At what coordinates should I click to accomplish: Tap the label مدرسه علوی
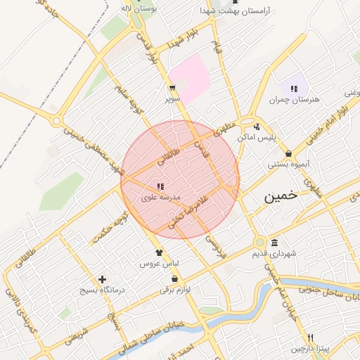point(161,198)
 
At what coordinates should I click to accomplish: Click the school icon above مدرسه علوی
point(161,186)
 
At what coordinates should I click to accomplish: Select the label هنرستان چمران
point(294,100)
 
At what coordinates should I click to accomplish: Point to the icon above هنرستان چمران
point(294,89)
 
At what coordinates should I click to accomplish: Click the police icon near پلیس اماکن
point(257,127)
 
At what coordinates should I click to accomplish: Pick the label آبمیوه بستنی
point(288,165)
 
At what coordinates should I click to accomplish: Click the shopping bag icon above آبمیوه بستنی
point(288,153)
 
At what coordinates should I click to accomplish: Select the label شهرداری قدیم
point(273,254)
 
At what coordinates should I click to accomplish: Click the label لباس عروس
point(159,264)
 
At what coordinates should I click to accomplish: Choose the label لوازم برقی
point(175,289)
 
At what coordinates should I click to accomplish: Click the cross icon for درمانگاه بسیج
point(103,279)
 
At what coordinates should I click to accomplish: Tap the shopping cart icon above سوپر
point(172,89)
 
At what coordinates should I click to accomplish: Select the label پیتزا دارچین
point(310,349)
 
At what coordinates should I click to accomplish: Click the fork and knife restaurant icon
point(311,337)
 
